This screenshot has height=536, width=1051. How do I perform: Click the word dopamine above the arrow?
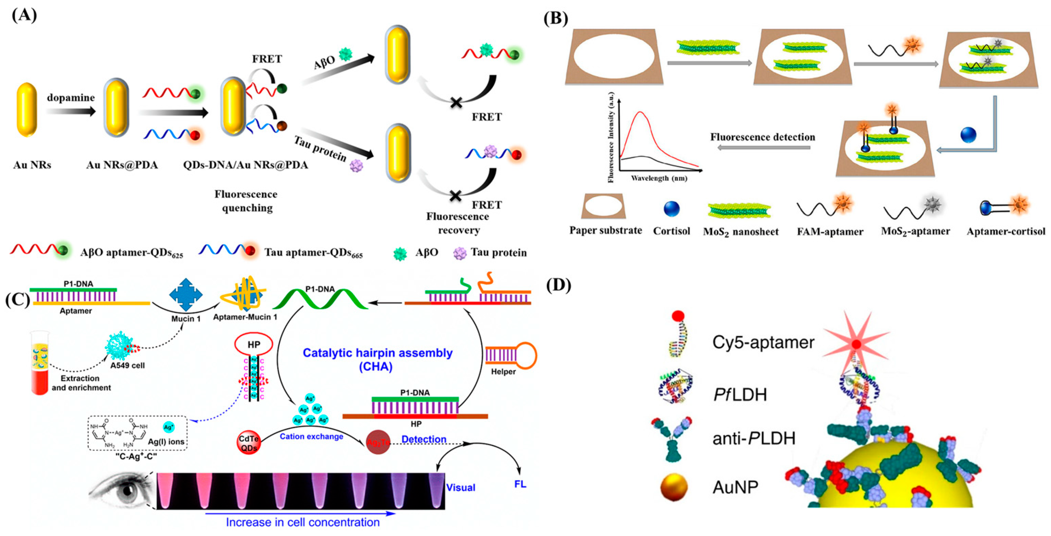point(70,98)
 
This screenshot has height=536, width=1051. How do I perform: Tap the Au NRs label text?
point(32,165)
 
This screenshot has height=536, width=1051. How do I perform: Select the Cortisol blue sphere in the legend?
point(671,208)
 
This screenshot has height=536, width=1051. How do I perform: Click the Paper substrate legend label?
point(605,231)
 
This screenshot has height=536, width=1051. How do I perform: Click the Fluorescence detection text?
point(762,137)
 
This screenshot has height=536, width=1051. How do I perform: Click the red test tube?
point(40,363)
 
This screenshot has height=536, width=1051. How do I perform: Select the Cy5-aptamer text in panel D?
point(763,342)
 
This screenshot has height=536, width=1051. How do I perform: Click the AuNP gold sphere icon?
point(674,487)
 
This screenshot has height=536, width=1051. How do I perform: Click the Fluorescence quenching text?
point(246,201)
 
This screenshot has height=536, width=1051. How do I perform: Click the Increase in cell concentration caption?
point(302,522)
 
